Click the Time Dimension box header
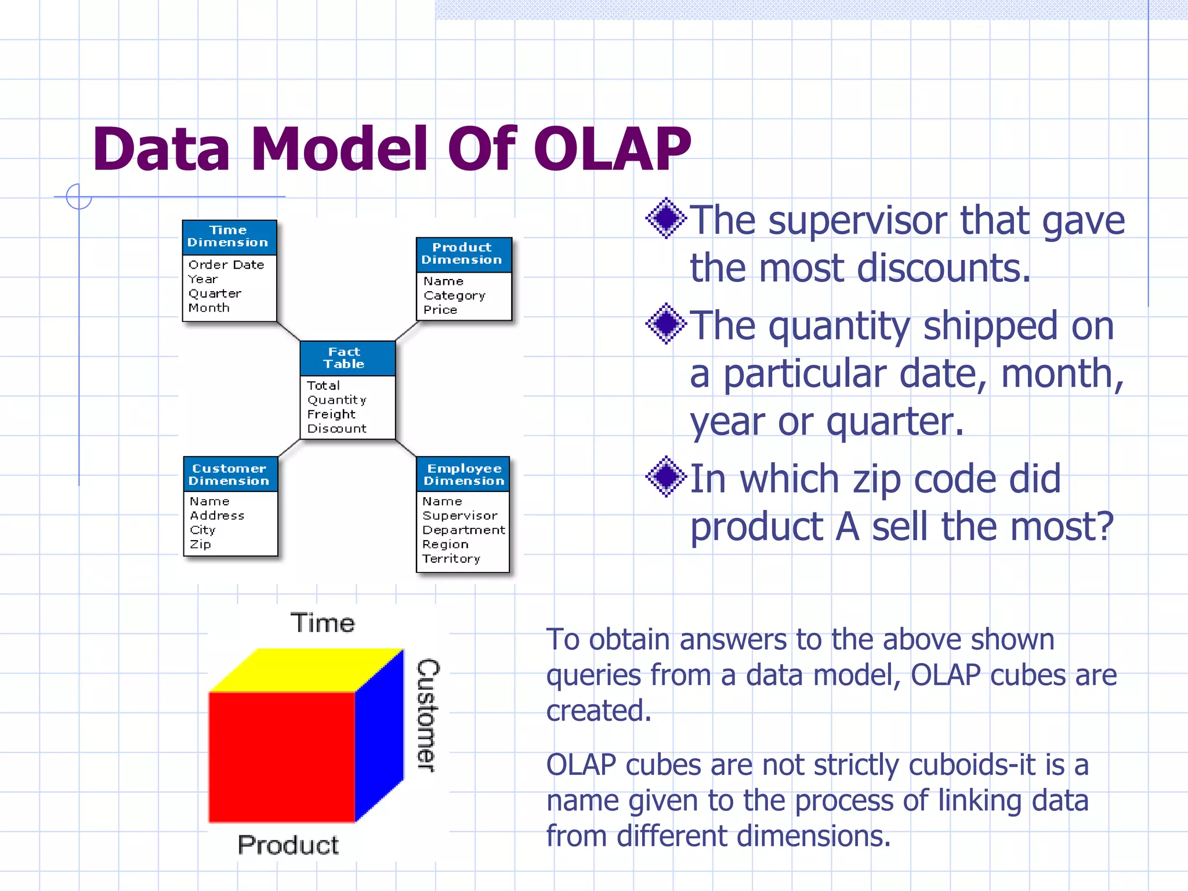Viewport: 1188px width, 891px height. pos(229,237)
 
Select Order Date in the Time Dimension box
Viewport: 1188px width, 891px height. pos(226,265)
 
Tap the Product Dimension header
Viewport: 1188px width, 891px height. pos(462,254)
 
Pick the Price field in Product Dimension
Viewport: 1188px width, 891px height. pos(440,310)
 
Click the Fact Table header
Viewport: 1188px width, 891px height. pos(346,358)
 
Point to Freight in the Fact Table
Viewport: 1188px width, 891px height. pos(331,414)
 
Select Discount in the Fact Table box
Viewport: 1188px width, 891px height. pos(337,429)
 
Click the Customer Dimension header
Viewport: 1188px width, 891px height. pos(230,475)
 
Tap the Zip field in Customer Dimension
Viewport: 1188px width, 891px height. pos(201,544)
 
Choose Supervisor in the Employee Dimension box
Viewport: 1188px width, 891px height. pos(460,516)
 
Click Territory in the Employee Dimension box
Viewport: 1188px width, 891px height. pos(451,559)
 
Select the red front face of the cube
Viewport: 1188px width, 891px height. pos(281,757)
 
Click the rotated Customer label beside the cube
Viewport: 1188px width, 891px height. pos(428,715)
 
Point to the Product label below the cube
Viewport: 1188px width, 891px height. pos(288,845)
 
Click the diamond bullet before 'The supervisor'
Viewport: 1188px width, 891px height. pos(667,219)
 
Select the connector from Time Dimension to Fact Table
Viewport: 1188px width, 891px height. pos(288,331)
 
